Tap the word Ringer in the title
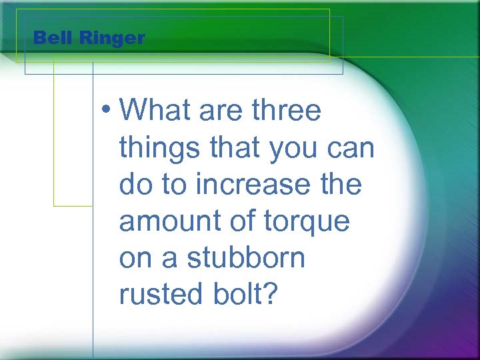tap(111, 39)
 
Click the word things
tap(157, 148)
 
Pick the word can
tap(353, 148)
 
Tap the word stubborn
tap(244, 257)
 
